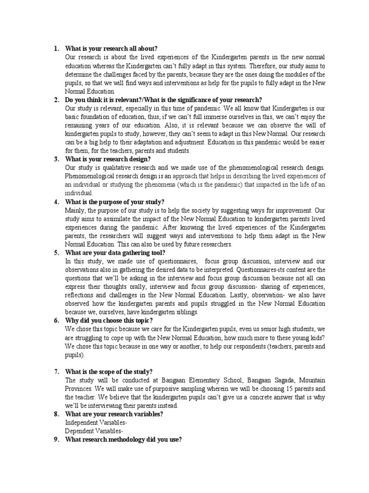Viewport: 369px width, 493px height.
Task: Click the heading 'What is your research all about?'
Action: click(111, 49)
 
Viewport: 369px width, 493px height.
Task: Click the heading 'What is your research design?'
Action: click(108, 159)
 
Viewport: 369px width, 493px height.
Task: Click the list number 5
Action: click(56, 252)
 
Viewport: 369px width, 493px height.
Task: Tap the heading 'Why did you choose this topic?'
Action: click(109, 320)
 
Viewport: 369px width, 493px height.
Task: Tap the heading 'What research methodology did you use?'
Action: click(123, 439)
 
